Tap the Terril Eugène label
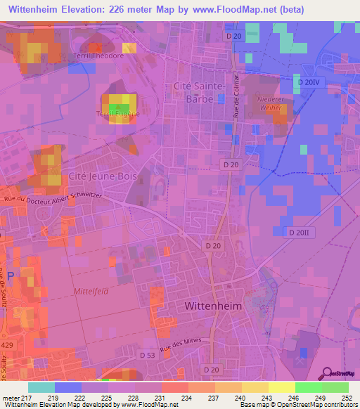click(117, 113)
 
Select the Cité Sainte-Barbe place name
click(198, 92)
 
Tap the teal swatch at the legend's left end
click(41, 387)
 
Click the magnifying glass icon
click(326, 372)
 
